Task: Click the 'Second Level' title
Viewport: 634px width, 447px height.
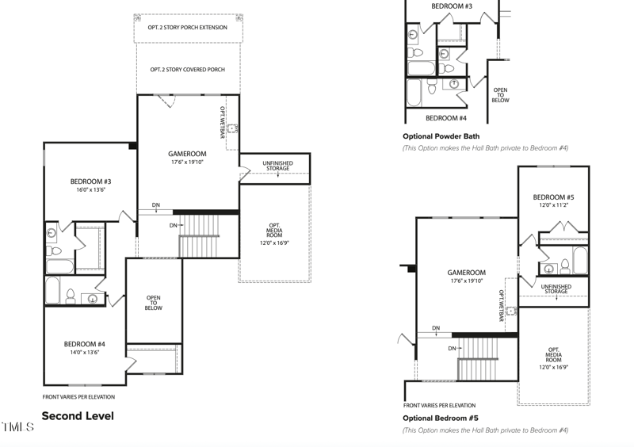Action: (x=78, y=416)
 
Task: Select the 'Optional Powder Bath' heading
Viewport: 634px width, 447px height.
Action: (x=441, y=136)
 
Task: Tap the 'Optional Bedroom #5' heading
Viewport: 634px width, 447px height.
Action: (x=441, y=418)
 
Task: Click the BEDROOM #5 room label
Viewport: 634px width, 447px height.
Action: (x=553, y=197)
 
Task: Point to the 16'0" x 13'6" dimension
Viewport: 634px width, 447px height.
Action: (x=90, y=190)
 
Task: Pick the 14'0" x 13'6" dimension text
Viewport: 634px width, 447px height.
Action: (x=85, y=353)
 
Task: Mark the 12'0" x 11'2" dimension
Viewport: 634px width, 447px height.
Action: (x=553, y=205)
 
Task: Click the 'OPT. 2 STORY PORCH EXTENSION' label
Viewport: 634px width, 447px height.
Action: (x=188, y=28)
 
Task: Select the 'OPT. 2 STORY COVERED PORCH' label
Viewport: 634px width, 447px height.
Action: (x=188, y=70)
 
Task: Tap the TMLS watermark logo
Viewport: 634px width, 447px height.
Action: (x=17, y=427)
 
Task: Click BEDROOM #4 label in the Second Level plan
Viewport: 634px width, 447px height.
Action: (x=85, y=344)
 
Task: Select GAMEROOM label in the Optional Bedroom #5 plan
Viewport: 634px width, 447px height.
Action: (x=466, y=273)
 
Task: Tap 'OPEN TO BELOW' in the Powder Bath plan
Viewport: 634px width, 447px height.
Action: (x=500, y=95)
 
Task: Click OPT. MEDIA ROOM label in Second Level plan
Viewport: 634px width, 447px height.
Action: (x=274, y=234)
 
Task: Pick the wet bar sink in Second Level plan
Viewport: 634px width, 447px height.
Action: (x=231, y=128)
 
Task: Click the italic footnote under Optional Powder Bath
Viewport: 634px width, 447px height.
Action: (x=485, y=148)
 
